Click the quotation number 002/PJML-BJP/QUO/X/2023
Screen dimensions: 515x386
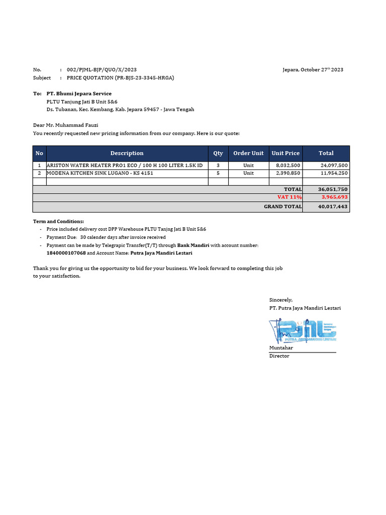[x=102, y=70]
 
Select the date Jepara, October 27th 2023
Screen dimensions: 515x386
[x=313, y=70]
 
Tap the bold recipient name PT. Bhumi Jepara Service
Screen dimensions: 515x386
[x=79, y=94]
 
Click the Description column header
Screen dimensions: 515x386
[x=127, y=153]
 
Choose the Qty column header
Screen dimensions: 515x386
[x=218, y=153]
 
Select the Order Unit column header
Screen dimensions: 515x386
[x=248, y=153]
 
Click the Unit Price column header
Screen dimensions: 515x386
[x=285, y=153]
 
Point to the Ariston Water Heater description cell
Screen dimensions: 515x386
[x=125, y=165]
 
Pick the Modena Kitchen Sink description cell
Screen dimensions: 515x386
[x=100, y=173]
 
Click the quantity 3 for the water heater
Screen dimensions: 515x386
[x=218, y=165]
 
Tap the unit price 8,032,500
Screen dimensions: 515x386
[x=288, y=165]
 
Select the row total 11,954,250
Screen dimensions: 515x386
[x=334, y=173]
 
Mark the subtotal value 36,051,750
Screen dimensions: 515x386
[x=333, y=190]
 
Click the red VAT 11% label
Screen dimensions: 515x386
[x=289, y=197]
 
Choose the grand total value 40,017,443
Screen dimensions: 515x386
[x=333, y=207]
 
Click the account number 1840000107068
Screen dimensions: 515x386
[x=66, y=253]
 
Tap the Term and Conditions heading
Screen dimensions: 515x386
[x=58, y=221]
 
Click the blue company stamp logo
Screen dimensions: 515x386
[x=303, y=331]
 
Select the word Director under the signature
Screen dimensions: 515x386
[x=279, y=356]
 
